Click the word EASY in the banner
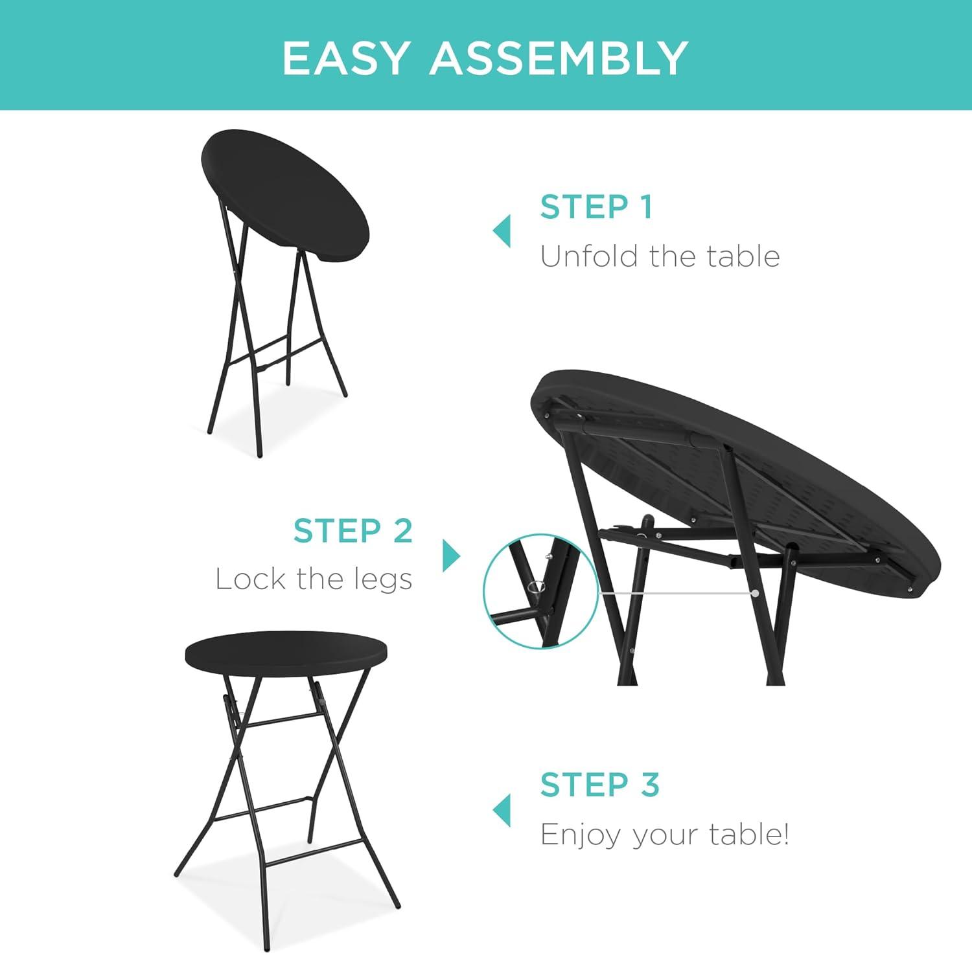pos(344,58)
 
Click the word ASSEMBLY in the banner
pos(559,58)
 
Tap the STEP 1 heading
pos(596,207)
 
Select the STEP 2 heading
pos(353,531)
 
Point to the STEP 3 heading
pos(600,785)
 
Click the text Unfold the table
pos(660,256)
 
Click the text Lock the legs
pos(314,579)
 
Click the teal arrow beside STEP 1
pos(502,231)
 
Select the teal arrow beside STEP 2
pos(452,556)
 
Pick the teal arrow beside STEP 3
pos(502,810)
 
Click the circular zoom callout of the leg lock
pos(540,590)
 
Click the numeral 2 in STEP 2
pos(402,531)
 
